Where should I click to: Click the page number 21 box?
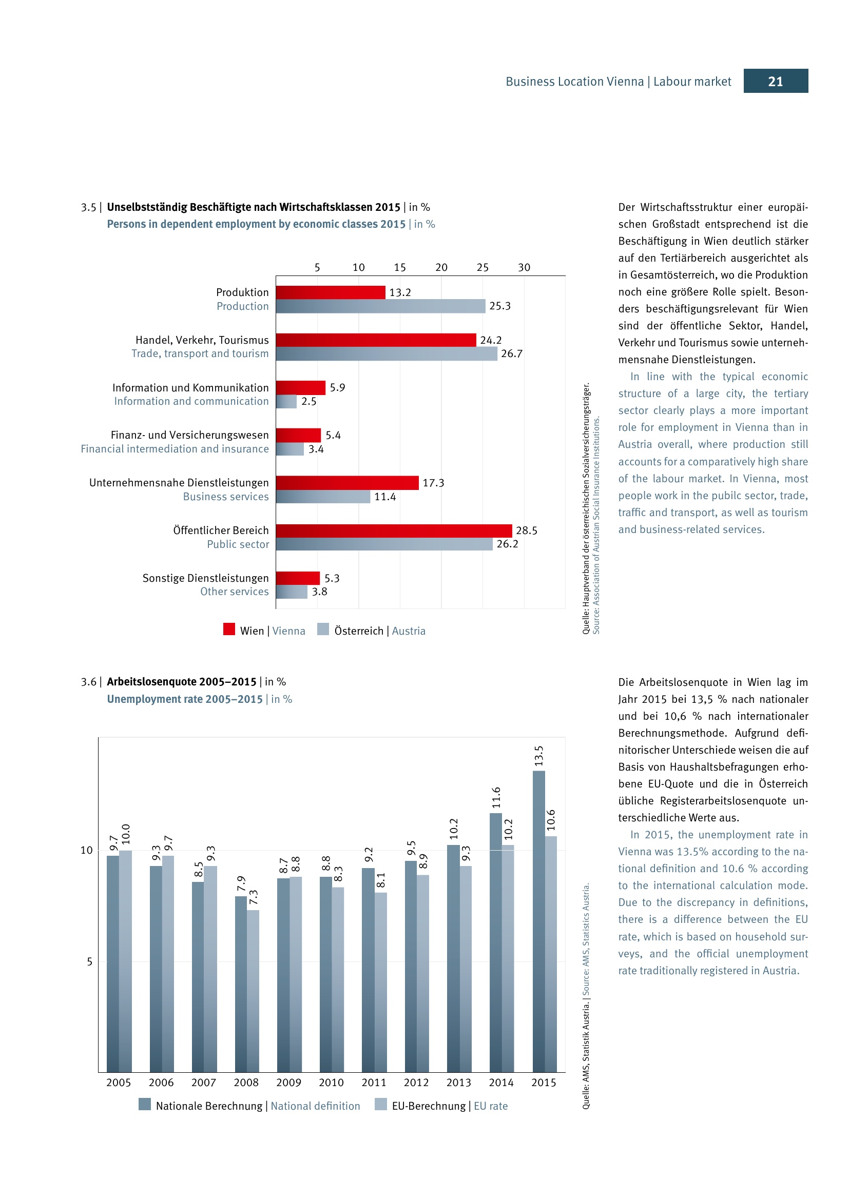(775, 81)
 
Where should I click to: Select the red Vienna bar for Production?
(331, 292)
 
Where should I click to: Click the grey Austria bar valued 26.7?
(387, 354)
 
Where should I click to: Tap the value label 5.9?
(337, 387)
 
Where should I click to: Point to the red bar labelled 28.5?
(394, 530)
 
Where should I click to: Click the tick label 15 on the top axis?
(400, 268)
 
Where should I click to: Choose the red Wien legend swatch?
(229, 629)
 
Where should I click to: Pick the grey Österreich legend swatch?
(323, 629)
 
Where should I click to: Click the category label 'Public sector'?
(238, 544)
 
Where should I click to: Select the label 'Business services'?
(226, 497)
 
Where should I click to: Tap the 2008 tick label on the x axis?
(246, 1083)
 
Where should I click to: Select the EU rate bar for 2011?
(380, 982)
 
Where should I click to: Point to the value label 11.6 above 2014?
(496, 798)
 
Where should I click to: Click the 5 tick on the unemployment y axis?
(89, 961)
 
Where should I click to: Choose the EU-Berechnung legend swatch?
(380, 1105)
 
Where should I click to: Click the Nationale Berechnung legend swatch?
(145, 1105)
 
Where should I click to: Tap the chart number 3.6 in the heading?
(88, 682)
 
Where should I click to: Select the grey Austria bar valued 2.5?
(286, 401)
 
